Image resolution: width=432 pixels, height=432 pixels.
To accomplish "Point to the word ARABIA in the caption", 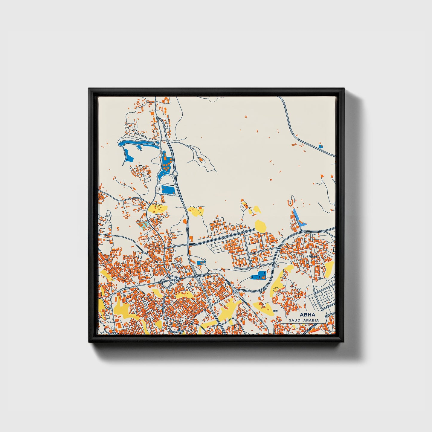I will point(311,320).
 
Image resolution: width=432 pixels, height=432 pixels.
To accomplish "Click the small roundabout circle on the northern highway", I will point(175,173).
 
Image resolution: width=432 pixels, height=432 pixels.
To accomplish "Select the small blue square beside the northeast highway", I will point(321,146).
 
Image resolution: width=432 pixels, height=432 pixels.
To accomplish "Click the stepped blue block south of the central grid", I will point(259,276).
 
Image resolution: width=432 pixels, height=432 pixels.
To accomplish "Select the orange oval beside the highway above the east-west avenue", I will point(184,221).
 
